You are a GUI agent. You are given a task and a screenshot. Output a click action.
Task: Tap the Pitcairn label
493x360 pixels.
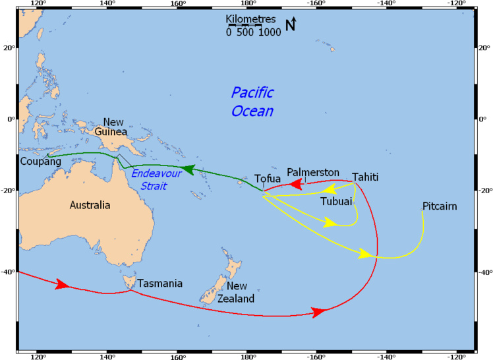click(x=440, y=206)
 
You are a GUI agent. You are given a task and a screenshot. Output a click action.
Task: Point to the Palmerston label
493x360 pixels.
click(x=313, y=172)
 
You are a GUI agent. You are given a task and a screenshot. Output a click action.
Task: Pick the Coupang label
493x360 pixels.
click(x=41, y=162)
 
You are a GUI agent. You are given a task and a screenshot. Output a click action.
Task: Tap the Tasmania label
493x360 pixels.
click(x=159, y=284)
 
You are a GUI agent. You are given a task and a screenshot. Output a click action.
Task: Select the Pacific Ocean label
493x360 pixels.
click(x=252, y=102)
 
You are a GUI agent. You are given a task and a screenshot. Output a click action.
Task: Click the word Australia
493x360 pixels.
click(x=91, y=205)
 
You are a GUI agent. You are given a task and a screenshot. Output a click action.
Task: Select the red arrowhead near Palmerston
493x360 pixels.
click(x=296, y=183)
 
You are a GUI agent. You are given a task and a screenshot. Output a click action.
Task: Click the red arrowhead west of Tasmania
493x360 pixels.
click(x=62, y=284)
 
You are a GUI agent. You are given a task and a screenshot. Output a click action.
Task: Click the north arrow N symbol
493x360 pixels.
click(x=291, y=25)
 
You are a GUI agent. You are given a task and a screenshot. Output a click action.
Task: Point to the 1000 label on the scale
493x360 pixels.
click(x=269, y=32)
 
